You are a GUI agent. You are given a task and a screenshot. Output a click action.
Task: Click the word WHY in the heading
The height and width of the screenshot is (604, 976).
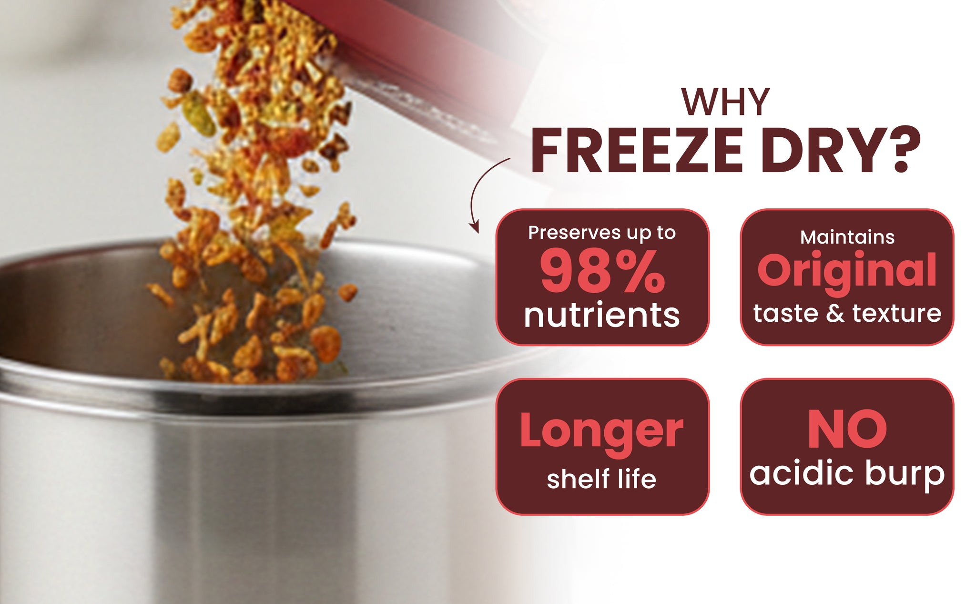(x=725, y=102)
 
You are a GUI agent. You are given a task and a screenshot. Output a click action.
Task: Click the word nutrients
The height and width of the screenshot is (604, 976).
(x=602, y=315)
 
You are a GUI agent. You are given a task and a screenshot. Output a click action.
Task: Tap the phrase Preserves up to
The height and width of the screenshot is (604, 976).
(x=602, y=233)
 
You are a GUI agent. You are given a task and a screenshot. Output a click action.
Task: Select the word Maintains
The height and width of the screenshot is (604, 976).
(x=847, y=237)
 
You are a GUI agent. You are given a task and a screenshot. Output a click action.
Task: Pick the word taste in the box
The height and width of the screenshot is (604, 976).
(x=785, y=313)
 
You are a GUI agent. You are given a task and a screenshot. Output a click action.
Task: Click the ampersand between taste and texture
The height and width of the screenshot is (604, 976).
(x=834, y=313)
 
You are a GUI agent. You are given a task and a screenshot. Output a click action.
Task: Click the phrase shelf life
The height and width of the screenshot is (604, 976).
(x=601, y=478)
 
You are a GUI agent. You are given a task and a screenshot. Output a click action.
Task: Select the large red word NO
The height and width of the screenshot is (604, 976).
(x=847, y=430)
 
